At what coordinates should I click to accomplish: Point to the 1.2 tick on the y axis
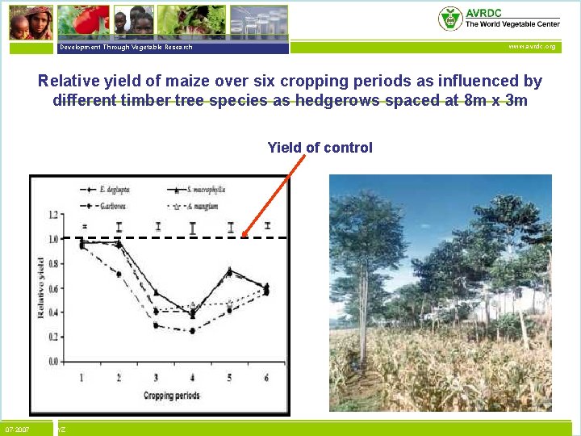(53, 215)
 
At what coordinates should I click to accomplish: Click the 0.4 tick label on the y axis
(53, 312)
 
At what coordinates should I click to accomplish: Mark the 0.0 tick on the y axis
(53, 361)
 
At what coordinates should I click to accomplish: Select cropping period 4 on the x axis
(193, 378)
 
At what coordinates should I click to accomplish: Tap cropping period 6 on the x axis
(267, 378)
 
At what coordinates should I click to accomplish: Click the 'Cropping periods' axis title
(171, 396)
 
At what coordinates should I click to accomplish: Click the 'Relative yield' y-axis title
(40, 287)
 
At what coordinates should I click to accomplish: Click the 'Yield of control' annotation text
(320, 148)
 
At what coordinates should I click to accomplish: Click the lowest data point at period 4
(193, 331)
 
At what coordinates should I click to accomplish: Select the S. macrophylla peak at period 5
(230, 270)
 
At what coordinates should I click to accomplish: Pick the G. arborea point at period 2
(119, 275)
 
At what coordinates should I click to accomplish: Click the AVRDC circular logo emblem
(450, 18)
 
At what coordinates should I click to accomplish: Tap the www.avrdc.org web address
(532, 47)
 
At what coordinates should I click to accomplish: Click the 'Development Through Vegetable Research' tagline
(125, 48)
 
